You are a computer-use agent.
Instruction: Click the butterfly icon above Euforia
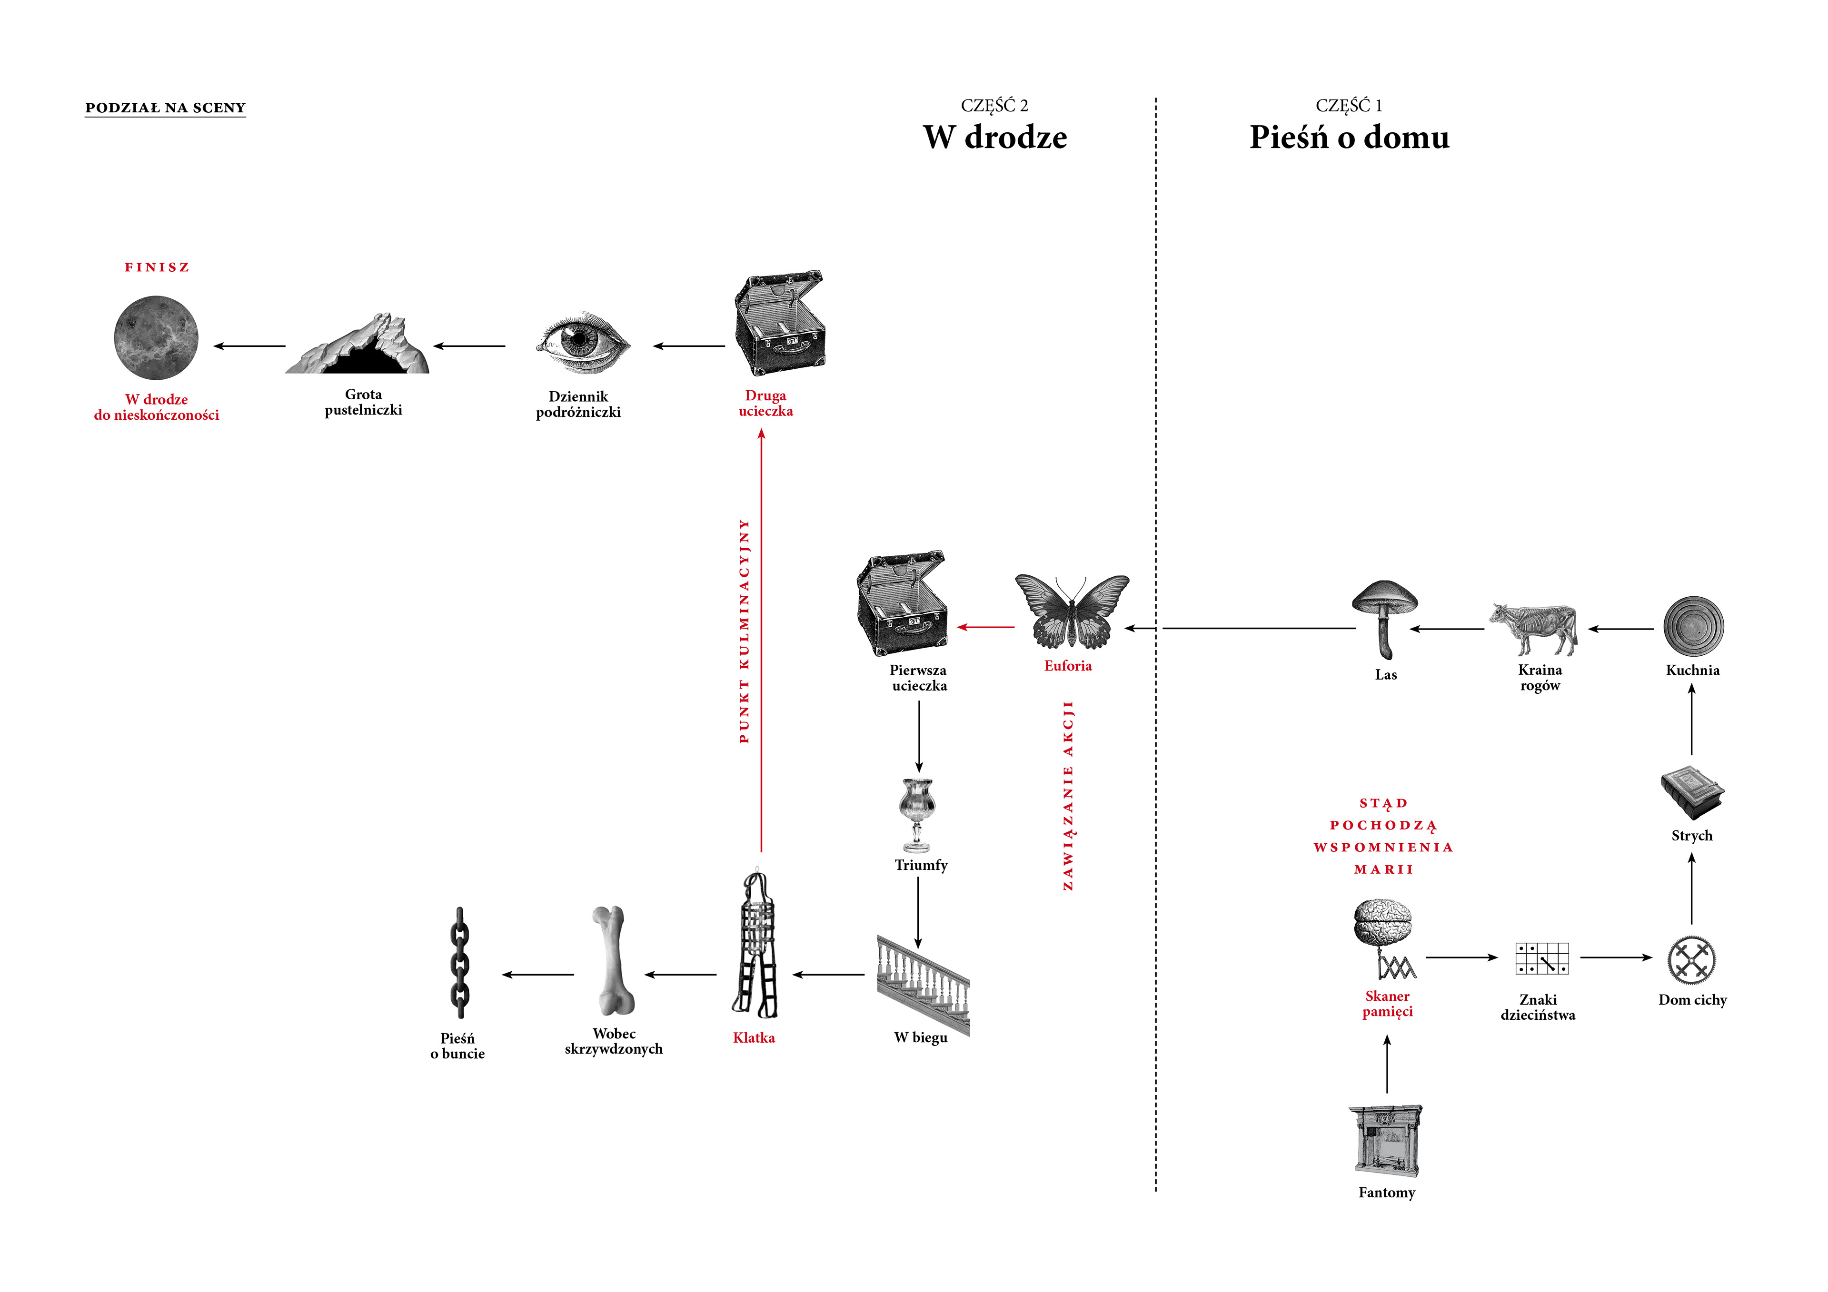(1072, 611)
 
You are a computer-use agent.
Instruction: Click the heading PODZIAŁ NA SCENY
(166, 108)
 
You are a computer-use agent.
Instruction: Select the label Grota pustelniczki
(363, 402)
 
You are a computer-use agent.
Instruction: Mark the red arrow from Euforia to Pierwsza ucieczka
(986, 627)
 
